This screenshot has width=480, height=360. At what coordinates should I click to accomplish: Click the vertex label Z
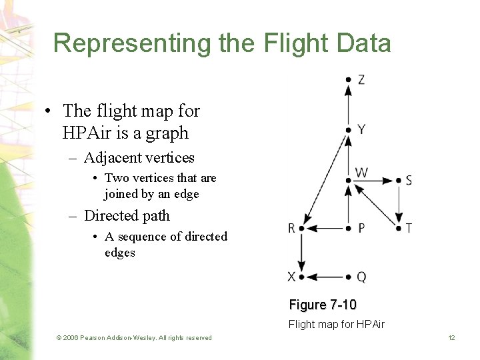tap(361, 80)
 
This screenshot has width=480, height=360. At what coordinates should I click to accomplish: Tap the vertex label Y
tap(361, 129)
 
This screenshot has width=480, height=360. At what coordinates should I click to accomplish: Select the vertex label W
tap(361, 173)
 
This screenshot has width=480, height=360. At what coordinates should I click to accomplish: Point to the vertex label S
tap(409, 181)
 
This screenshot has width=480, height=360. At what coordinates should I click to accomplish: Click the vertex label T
tap(409, 228)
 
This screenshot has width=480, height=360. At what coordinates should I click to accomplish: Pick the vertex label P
tap(361, 228)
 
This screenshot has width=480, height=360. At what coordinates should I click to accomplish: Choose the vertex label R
tap(291, 229)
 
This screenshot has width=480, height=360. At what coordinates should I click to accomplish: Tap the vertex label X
tap(291, 277)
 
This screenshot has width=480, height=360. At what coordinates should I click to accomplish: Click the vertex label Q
tap(361, 277)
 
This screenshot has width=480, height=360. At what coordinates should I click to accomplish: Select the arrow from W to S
tap(373, 180)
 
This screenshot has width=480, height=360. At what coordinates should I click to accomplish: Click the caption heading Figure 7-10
tap(323, 305)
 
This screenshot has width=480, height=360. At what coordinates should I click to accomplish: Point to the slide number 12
tap(451, 338)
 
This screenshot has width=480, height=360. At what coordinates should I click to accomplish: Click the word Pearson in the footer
tap(96, 338)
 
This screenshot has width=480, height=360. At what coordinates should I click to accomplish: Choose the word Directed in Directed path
tap(110, 216)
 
